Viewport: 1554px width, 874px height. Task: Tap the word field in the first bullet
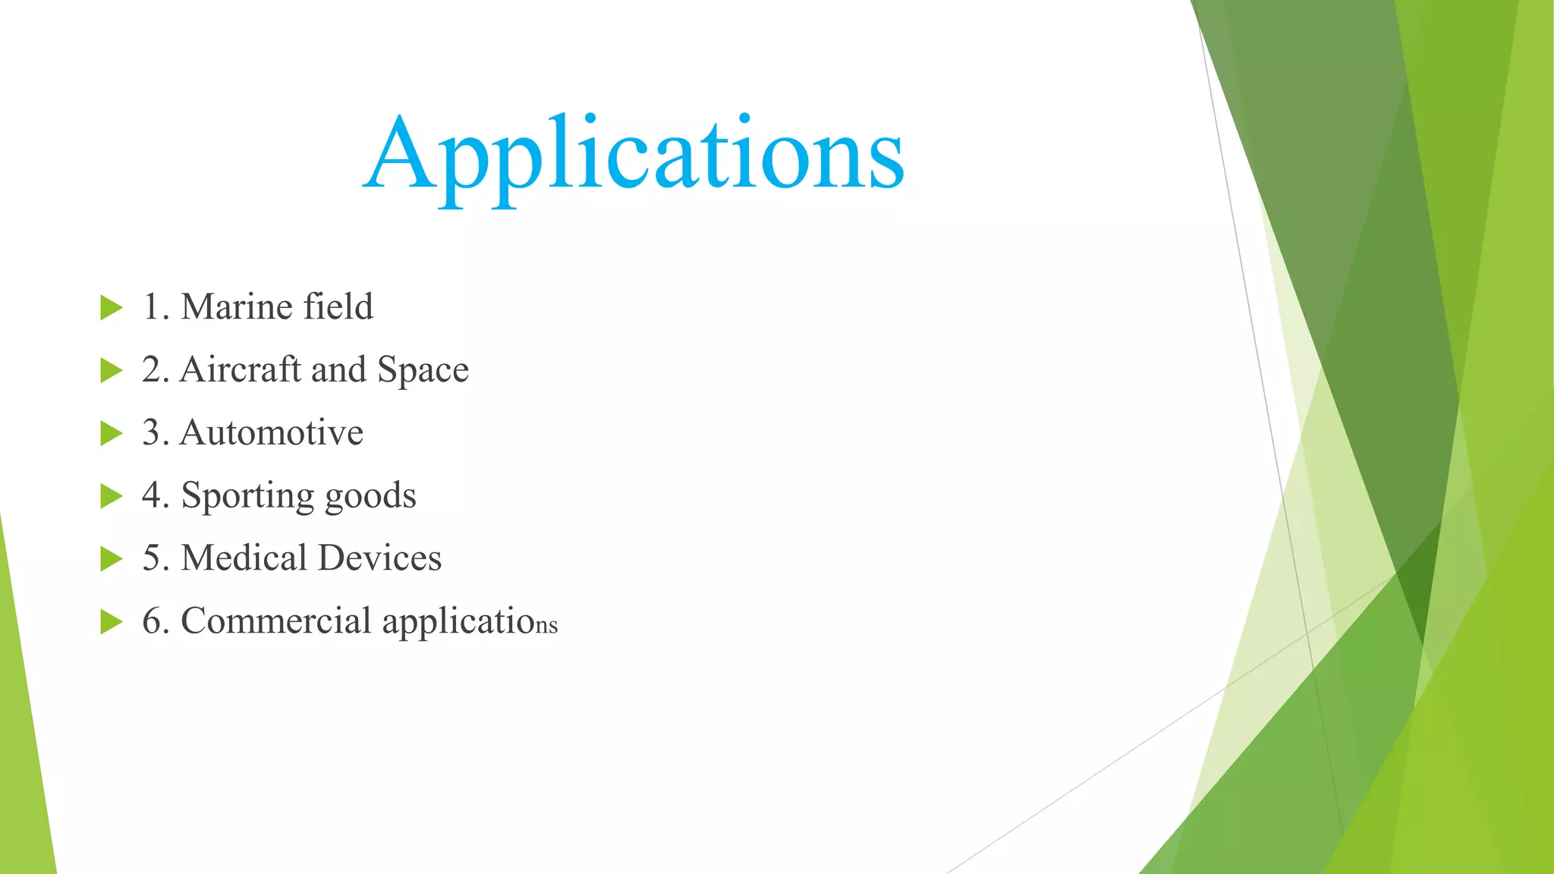[338, 307]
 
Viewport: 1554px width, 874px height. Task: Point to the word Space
[423, 371]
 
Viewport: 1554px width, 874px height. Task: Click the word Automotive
[271, 432]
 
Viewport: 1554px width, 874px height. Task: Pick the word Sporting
[247, 497]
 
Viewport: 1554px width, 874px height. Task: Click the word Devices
[379, 558]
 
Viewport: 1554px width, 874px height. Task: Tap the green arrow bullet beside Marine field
[111, 308]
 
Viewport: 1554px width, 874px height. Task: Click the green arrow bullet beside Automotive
[111, 433]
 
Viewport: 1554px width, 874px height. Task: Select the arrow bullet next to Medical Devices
[111, 559]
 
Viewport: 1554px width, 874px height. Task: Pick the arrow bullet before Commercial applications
[111, 622]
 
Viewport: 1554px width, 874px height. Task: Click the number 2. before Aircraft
[155, 370]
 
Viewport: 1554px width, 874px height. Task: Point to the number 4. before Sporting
[155, 495]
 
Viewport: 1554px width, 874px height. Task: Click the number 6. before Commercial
[155, 621]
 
